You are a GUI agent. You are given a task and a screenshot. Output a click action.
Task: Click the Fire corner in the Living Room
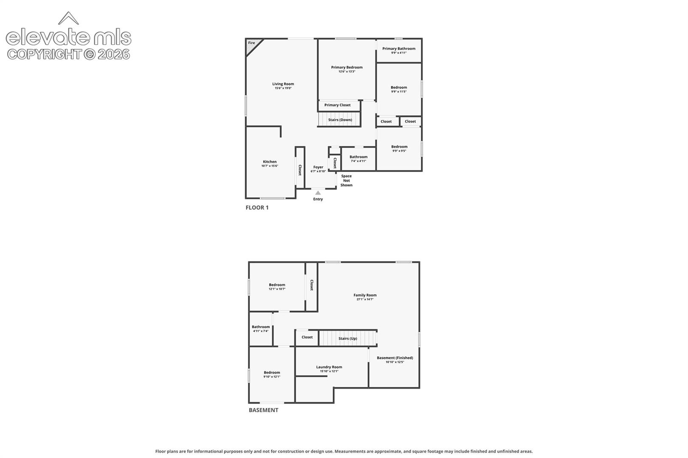[x=252, y=45]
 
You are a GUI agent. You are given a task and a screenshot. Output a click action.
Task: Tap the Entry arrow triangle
[x=318, y=193]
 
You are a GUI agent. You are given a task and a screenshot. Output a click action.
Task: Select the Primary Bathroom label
[x=399, y=48]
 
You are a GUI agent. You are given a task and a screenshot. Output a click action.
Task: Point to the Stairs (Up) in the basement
[x=348, y=338]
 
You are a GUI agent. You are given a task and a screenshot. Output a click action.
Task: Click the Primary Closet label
[x=337, y=105]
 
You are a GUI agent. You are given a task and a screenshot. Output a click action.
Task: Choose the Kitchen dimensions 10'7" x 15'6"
[x=270, y=166]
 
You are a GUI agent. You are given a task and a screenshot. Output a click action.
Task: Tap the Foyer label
[x=318, y=167]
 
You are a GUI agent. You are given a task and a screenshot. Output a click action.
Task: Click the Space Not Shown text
[x=346, y=180]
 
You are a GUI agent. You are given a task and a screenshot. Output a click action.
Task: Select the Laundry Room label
[x=329, y=367]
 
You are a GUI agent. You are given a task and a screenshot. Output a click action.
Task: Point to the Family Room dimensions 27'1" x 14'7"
[x=365, y=299]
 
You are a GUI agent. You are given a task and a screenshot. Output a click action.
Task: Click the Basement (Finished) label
[x=395, y=357]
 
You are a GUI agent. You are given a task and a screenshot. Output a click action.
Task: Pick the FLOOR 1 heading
[x=257, y=208]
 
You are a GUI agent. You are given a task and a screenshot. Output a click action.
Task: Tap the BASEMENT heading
[x=264, y=410]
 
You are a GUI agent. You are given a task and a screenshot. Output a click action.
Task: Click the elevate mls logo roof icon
[x=68, y=18]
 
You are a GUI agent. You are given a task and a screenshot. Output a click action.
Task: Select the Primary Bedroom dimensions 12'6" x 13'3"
[x=347, y=72]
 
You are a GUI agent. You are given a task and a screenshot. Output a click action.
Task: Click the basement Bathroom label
[x=261, y=327]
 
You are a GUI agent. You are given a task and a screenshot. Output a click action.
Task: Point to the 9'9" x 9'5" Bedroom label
[x=399, y=147]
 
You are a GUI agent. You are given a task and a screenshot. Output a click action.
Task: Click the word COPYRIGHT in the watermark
[x=45, y=55]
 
